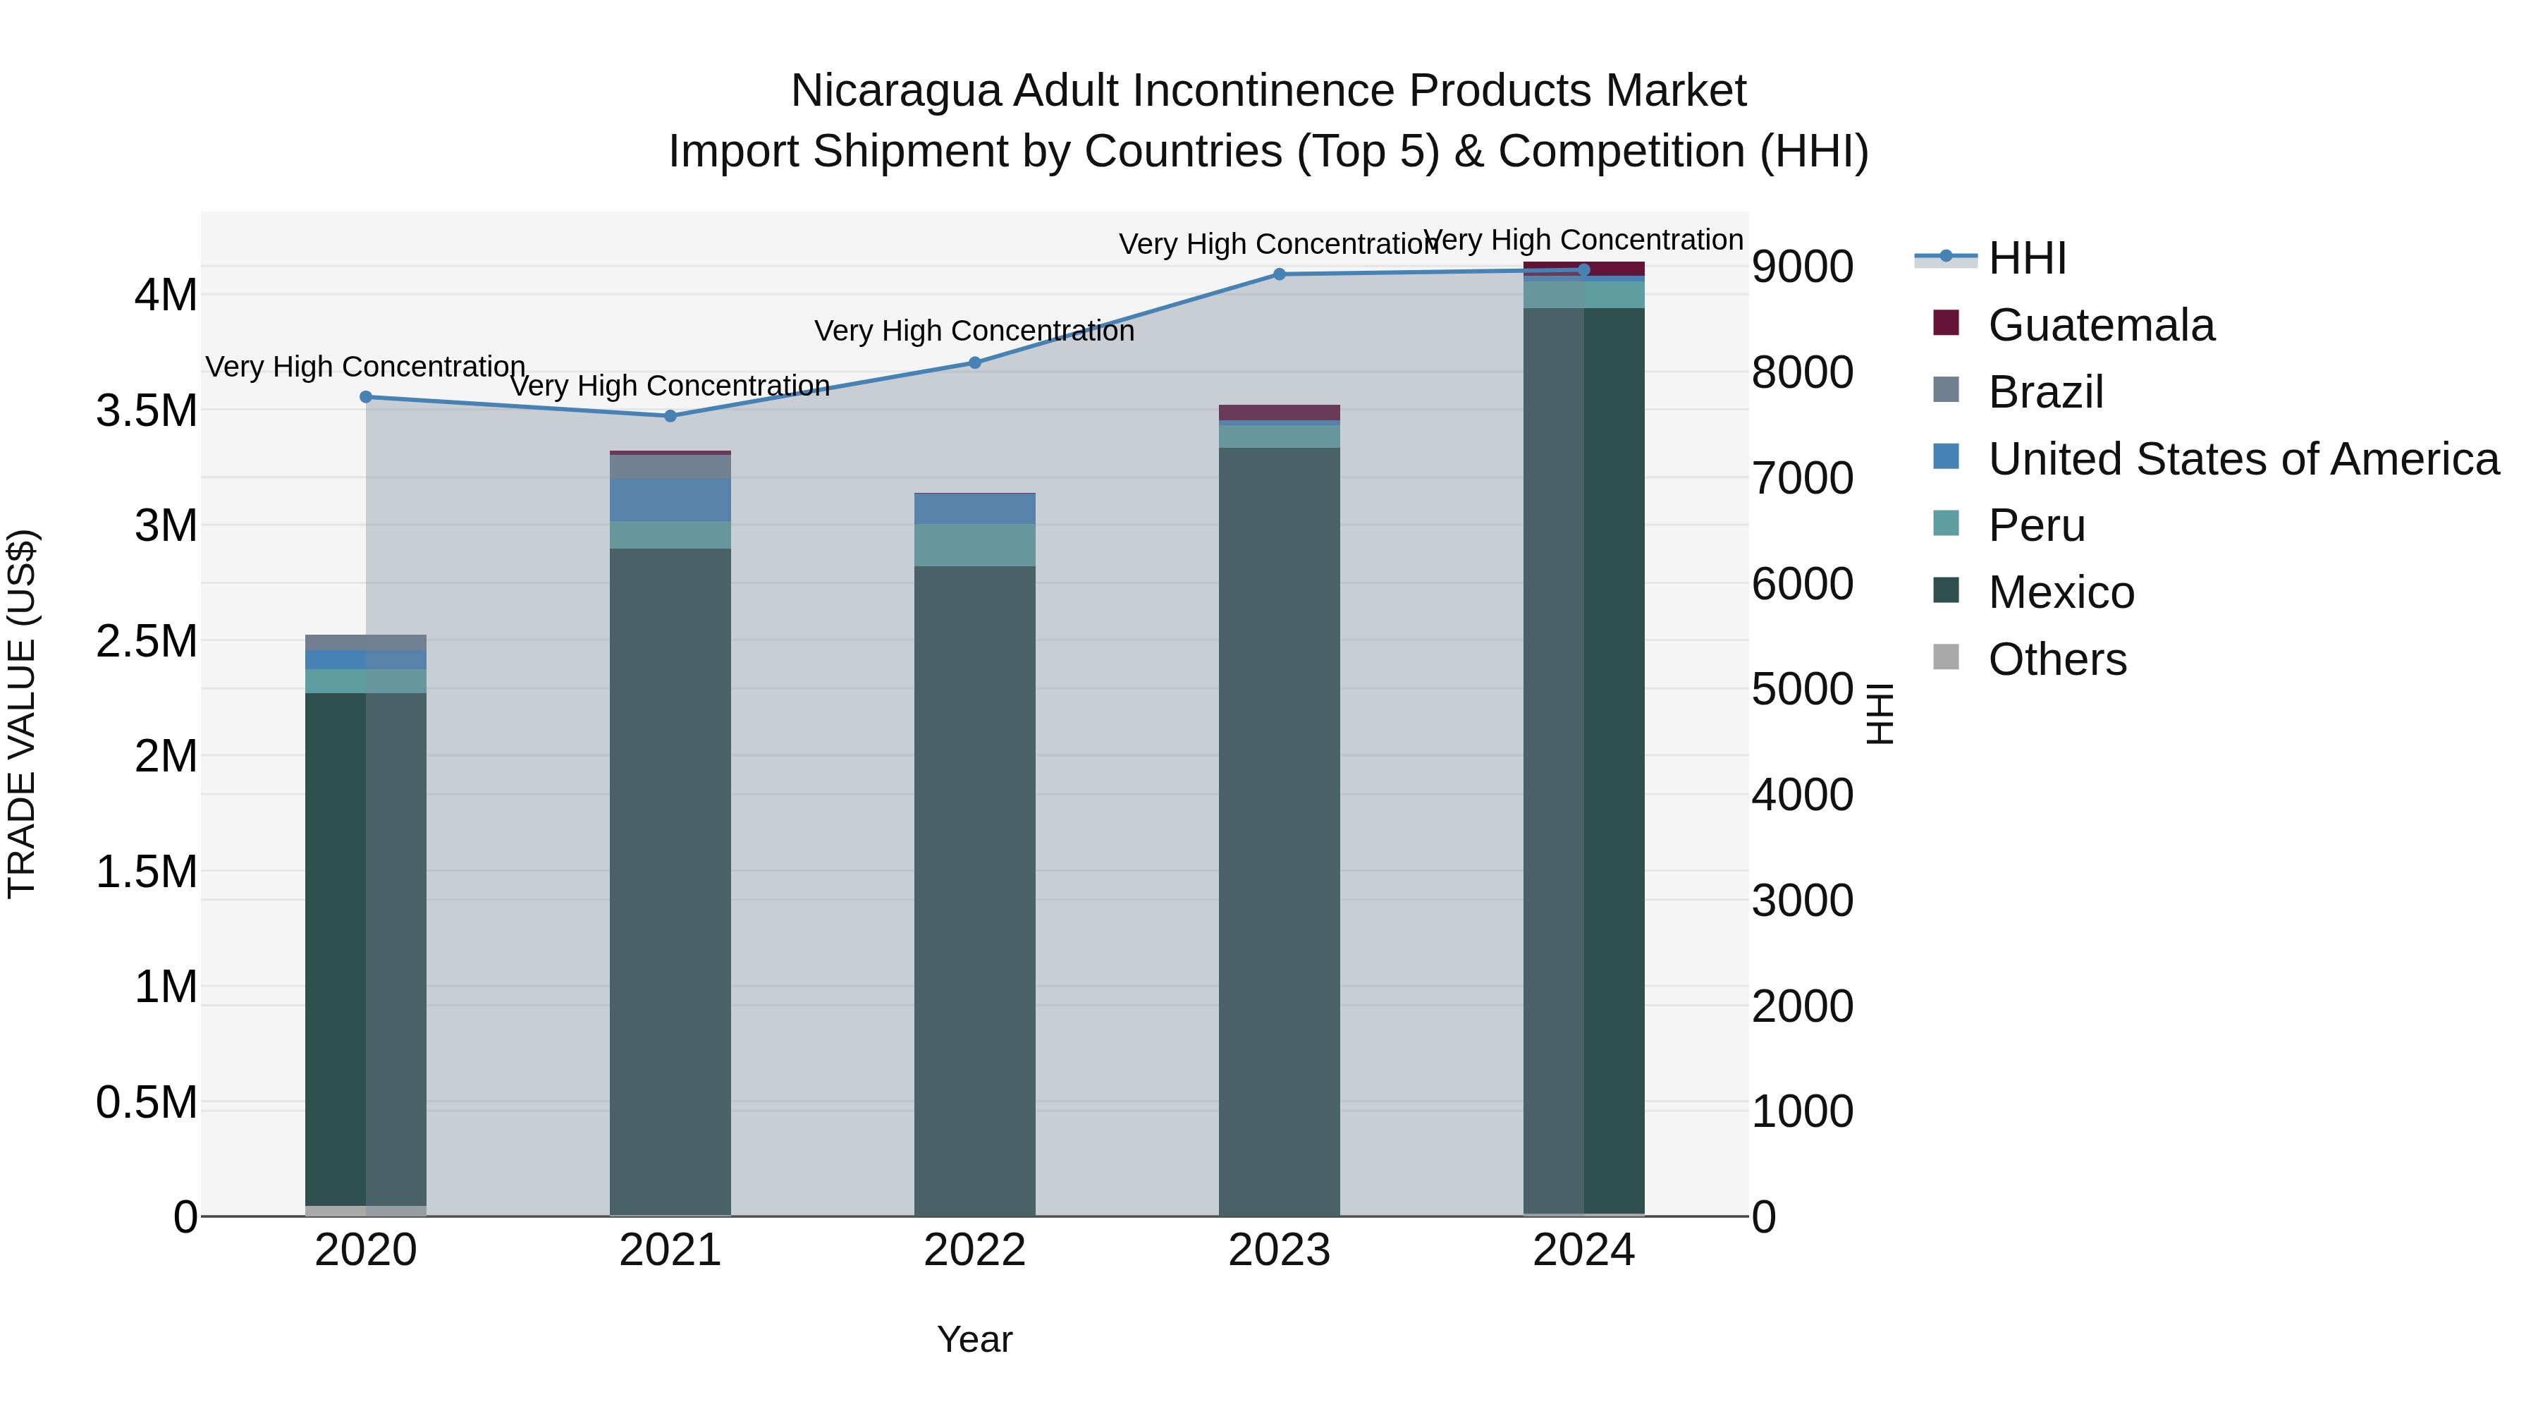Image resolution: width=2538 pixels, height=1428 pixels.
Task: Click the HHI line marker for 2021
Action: pyautogui.click(x=670, y=416)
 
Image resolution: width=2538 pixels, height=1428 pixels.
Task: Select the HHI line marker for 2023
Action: pyautogui.click(x=1279, y=274)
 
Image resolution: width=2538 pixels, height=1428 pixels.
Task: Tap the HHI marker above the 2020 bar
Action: pyautogui.click(x=365, y=397)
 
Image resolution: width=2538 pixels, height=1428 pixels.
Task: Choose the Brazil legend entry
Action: pyautogui.click(x=2045, y=392)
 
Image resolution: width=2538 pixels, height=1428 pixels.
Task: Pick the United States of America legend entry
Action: pyautogui.click(x=2243, y=459)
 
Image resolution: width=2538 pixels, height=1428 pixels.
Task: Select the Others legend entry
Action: pyautogui.click(x=2056, y=659)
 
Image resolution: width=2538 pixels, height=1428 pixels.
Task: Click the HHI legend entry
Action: pyautogui.click(x=2027, y=258)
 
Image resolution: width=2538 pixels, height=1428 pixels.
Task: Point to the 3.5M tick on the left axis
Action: pyautogui.click(x=147, y=410)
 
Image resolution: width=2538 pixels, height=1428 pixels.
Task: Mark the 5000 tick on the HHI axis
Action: pyautogui.click(x=1802, y=689)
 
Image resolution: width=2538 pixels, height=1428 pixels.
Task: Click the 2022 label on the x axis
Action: pyautogui.click(x=974, y=1250)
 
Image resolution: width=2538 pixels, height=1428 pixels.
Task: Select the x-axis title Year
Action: pyautogui.click(x=974, y=1339)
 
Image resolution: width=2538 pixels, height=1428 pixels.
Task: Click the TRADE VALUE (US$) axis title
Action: pyautogui.click(x=22, y=714)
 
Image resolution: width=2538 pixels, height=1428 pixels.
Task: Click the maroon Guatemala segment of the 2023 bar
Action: pyautogui.click(x=1279, y=412)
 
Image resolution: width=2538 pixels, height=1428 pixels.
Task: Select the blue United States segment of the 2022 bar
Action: pyautogui.click(x=974, y=508)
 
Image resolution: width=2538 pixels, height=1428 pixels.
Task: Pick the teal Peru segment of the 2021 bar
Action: pyautogui.click(x=670, y=534)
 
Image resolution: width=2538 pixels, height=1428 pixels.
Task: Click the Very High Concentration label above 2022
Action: pyautogui.click(x=974, y=331)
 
